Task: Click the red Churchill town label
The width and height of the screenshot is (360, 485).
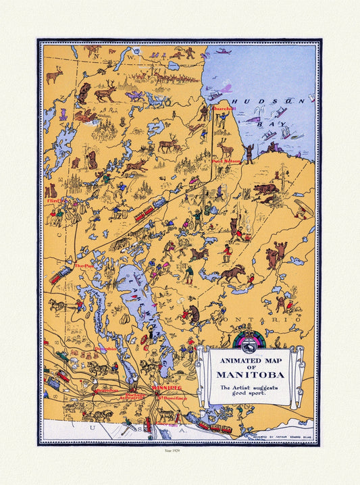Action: [224, 108]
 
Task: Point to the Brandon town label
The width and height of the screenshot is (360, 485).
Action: [106, 390]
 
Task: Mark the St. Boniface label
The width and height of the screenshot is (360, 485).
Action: [172, 399]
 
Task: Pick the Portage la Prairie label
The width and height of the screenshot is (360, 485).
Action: [136, 397]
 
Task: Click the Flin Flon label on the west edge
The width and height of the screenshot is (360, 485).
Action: [55, 201]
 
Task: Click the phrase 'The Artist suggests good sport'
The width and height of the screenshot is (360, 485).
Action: [249, 390]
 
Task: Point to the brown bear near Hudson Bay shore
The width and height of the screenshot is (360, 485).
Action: [265, 190]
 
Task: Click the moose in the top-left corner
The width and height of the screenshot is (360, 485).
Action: [53, 75]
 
